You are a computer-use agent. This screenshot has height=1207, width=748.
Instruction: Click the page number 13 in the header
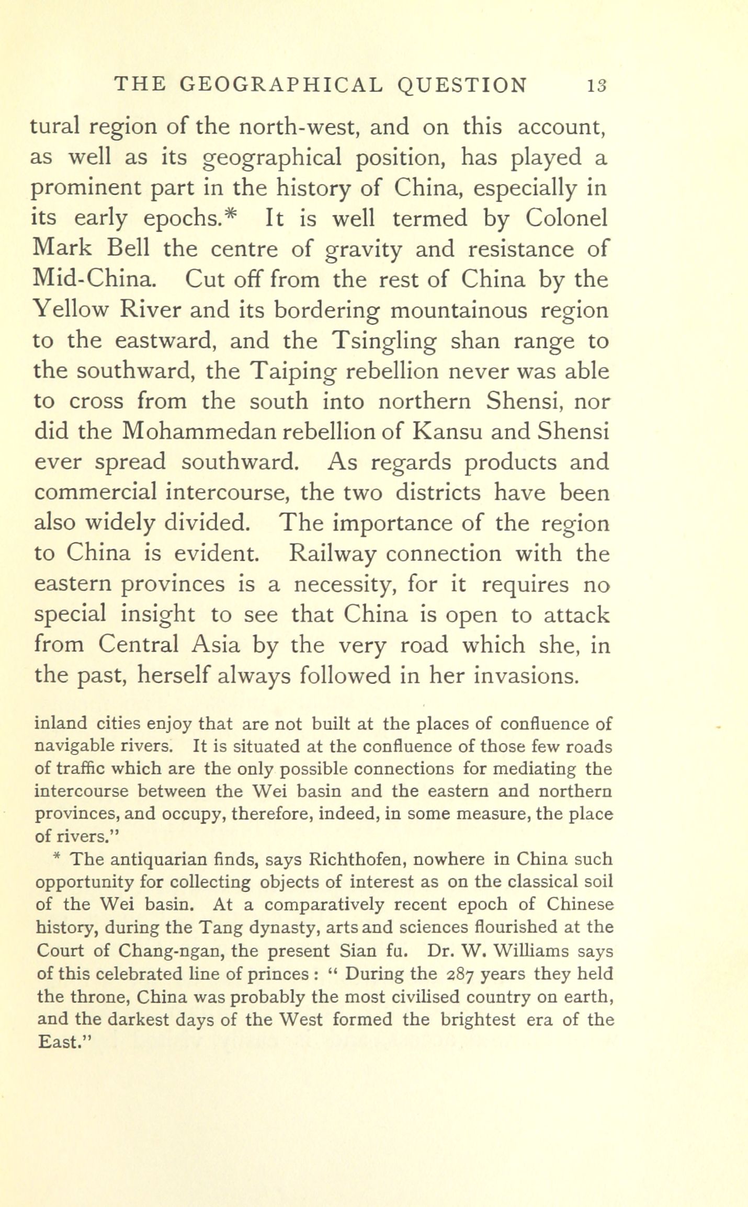pyautogui.click(x=596, y=85)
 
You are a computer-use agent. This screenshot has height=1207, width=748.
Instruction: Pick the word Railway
pyautogui.click(x=333, y=553)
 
